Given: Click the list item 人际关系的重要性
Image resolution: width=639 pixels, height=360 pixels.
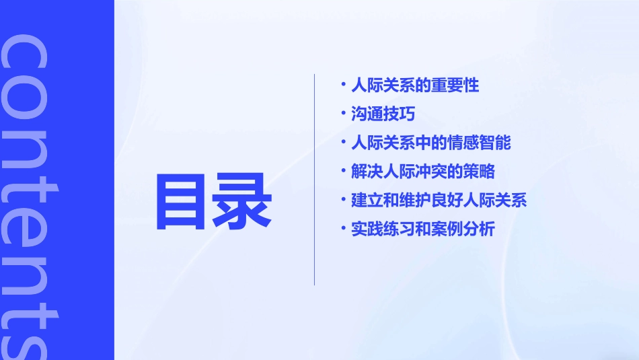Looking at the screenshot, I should point(415,85).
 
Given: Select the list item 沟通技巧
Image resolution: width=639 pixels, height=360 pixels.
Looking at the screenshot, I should point(383,114).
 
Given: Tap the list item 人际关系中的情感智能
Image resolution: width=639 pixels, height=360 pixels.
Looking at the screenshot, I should point(431,143).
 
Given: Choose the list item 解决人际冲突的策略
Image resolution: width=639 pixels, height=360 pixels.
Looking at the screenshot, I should point(423,172).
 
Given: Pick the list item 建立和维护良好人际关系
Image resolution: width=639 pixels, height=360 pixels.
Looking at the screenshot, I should point(439,201).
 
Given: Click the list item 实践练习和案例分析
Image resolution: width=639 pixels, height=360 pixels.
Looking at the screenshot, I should point(423,229).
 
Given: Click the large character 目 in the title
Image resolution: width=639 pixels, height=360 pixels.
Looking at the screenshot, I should point(182,201).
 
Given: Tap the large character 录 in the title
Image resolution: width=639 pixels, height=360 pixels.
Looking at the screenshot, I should point(242,201).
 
